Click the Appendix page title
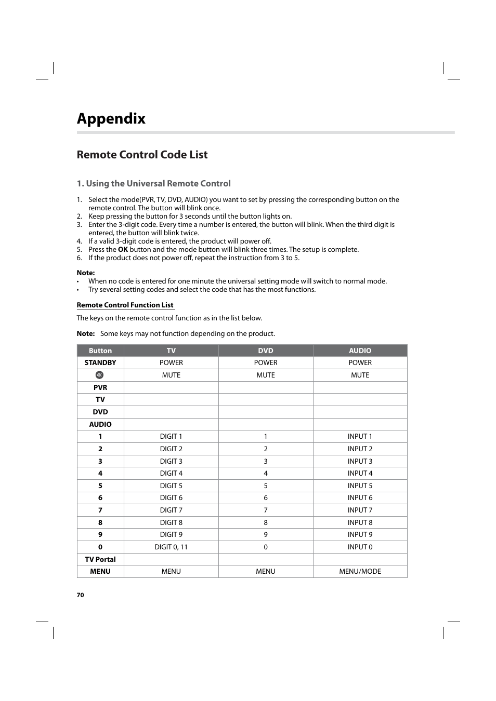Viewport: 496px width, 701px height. pos(111,118)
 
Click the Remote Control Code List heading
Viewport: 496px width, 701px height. pos(142,155)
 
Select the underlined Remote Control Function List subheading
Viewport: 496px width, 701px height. pos(125,305)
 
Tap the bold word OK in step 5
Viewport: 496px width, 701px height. pos(123,250)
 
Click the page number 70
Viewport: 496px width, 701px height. pos(80,595)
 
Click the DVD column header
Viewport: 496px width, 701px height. pos(265,351)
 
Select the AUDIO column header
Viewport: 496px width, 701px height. pos(360,351)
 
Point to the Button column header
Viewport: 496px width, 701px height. pos(100,351)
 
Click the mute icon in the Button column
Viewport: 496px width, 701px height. pos(100,375)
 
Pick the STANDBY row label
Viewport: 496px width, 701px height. pos(100,363)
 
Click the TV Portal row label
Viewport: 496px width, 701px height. pos(100,559)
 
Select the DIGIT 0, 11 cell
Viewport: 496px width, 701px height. pos(171,547)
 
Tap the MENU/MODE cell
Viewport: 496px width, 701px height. pos(360,571)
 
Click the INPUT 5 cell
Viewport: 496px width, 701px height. pos(360,486)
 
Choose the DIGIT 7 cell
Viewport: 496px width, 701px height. pos(171,510)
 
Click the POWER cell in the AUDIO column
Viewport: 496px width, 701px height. pos(360,363)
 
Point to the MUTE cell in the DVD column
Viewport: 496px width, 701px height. pos(265,375)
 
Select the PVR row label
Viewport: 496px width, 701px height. pos(100,387)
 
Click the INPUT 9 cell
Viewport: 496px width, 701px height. pos(360,534)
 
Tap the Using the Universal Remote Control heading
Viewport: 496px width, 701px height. pos(153,183)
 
